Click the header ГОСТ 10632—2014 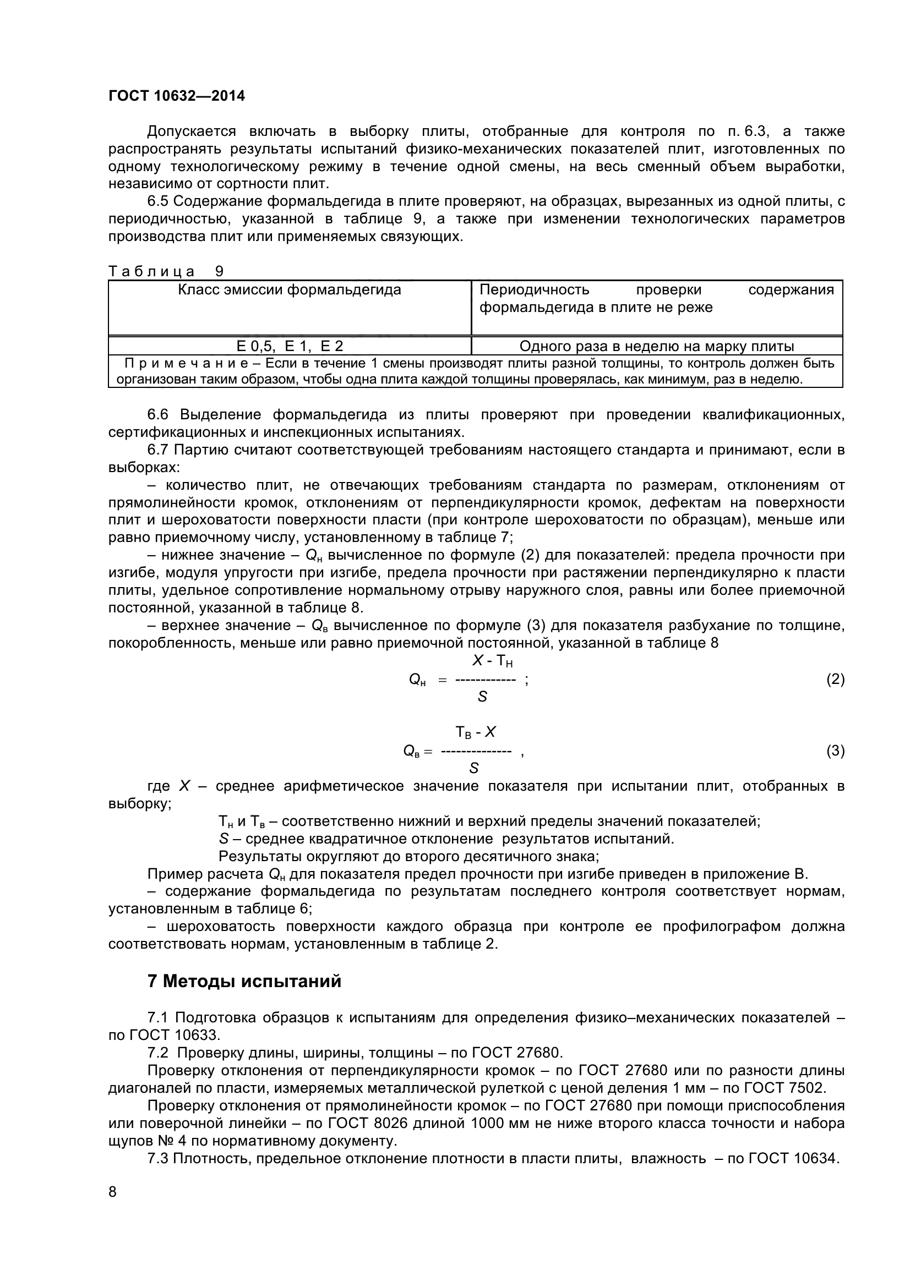177,96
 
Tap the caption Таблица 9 165,271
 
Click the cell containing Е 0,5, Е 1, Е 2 290,346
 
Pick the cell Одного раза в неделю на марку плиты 657,346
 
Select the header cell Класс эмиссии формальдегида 290,290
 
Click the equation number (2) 835,680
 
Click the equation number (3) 835,751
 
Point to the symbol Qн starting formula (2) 417,680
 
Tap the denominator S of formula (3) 474,768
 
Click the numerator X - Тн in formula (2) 492,661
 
